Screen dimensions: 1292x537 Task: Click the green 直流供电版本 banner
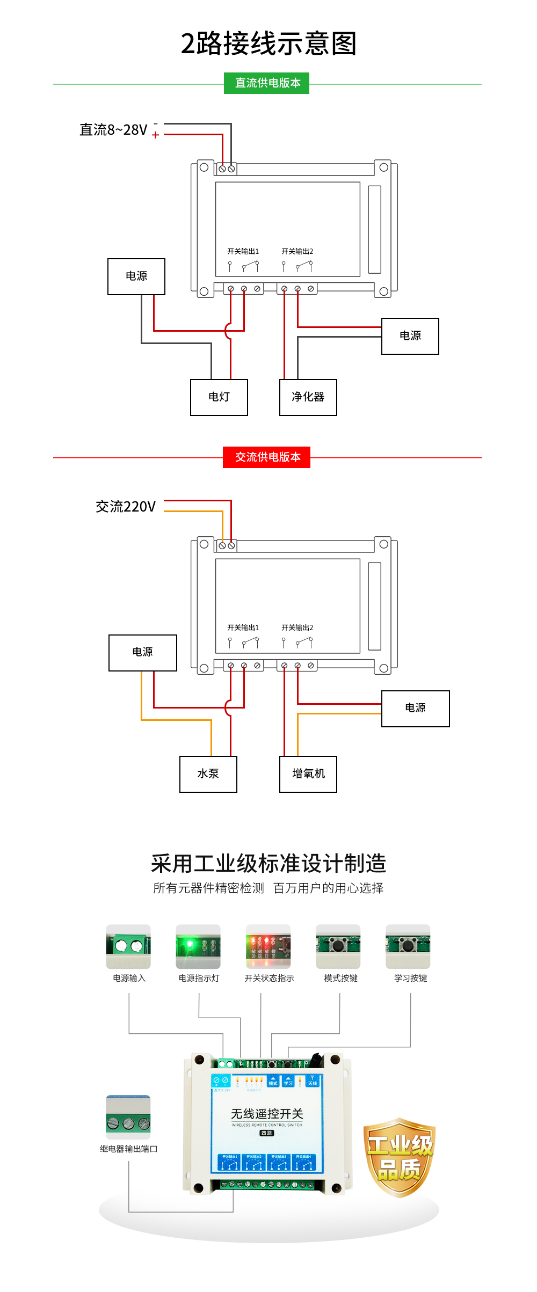[266, 83]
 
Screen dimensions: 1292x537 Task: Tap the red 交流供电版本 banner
[266, 457]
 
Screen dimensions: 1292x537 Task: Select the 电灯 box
[219, 397]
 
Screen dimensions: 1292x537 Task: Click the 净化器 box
[308, 397]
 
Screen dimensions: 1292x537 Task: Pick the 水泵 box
[208, 774]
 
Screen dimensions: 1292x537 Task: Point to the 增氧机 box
[308, 774]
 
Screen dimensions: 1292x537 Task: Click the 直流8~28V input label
[113, 130]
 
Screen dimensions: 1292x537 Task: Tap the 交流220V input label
[126, 507]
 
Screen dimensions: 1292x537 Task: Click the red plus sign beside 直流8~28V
[156, 135]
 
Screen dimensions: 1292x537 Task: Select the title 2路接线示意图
[268, 43]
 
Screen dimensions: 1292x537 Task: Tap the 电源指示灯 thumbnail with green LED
[198, 946]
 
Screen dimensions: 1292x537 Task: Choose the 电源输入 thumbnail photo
[128, 946]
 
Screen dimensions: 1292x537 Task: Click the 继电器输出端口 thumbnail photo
[128, 1117]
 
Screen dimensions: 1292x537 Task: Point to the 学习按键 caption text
[410, 978]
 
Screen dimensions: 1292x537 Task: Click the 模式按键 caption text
[340, 978]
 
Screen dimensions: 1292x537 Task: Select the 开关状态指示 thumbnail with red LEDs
[268, 946]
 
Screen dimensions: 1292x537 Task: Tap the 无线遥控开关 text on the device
[267, 1114]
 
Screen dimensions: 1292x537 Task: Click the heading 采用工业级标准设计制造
[268, 864]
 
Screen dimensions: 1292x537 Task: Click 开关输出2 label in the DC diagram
[297, 251]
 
